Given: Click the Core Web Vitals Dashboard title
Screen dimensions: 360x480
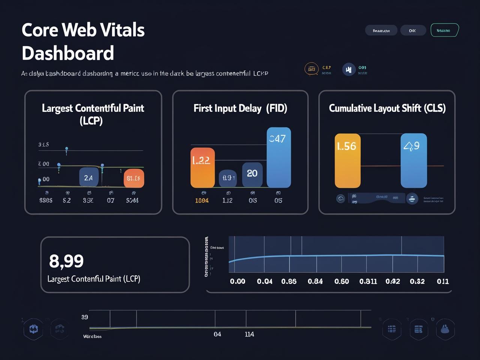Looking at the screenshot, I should click(83, 41).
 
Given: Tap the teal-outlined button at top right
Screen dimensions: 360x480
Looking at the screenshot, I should click(444, 30).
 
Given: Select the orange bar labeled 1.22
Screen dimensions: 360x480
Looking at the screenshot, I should click(202, 167).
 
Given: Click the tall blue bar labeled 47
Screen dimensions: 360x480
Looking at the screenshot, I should click(279, 157).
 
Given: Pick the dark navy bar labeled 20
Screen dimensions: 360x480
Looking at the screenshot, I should click(252, 174).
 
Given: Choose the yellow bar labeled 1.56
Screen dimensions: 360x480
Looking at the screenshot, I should click(347, 160).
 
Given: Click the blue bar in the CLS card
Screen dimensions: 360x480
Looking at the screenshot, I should click(413, 160).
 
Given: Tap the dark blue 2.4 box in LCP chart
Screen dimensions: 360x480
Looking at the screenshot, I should click(88, 177).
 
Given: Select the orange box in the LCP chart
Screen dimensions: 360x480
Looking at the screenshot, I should click(133, 178).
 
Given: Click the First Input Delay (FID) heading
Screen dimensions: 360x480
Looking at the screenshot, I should click(240, 108).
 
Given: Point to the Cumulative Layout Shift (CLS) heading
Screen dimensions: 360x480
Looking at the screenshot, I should click(387, 108).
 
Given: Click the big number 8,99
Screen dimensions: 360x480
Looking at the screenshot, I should click(66, 261).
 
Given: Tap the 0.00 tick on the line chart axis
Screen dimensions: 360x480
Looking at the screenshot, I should click(237, 281).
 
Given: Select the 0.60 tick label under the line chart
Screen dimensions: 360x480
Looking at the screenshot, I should click(342, 281).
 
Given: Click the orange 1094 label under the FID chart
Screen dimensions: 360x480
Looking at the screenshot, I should click(202, 201).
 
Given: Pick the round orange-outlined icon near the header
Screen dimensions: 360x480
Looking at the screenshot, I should click(311, 69).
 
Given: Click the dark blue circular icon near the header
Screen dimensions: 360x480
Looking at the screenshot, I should click(349, 69).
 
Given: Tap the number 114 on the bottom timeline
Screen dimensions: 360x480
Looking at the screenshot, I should click(249, 334).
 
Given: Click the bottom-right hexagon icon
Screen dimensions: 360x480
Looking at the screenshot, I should click(445, 329).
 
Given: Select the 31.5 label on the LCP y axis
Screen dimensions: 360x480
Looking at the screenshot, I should click(43, 144).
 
